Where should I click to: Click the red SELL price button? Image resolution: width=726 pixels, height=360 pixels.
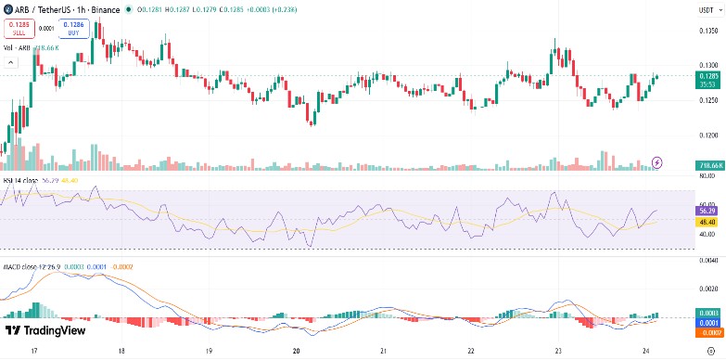[x=18, y=30]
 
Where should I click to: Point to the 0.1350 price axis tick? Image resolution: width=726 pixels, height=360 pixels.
[x=708, y=30]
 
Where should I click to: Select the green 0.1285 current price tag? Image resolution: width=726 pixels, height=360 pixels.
[x=708, y=76]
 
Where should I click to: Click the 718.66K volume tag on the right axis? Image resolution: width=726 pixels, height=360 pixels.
[x=709, y=165]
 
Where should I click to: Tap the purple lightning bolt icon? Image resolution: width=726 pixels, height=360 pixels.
[x=658, y=162]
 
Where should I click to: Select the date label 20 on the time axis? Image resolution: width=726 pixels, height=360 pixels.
[x=296, y=353]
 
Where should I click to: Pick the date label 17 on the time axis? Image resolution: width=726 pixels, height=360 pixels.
[x=34, y=353]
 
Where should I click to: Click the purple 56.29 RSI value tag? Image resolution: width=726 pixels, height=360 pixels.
[x=708, y=211]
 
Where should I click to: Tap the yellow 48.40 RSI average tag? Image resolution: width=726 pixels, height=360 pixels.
[x=708, y=222]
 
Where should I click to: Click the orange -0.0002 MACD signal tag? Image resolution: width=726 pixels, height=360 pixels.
[x=708, y=331]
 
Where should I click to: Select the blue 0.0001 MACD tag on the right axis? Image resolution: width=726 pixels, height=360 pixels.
[x=708, y=322]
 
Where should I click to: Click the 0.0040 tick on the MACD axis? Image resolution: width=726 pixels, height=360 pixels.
[x=708, y=261]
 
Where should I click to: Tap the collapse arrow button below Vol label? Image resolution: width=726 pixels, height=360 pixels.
[x=11, y=62]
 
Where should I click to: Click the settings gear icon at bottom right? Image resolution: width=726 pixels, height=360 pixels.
[x=709, y=353]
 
